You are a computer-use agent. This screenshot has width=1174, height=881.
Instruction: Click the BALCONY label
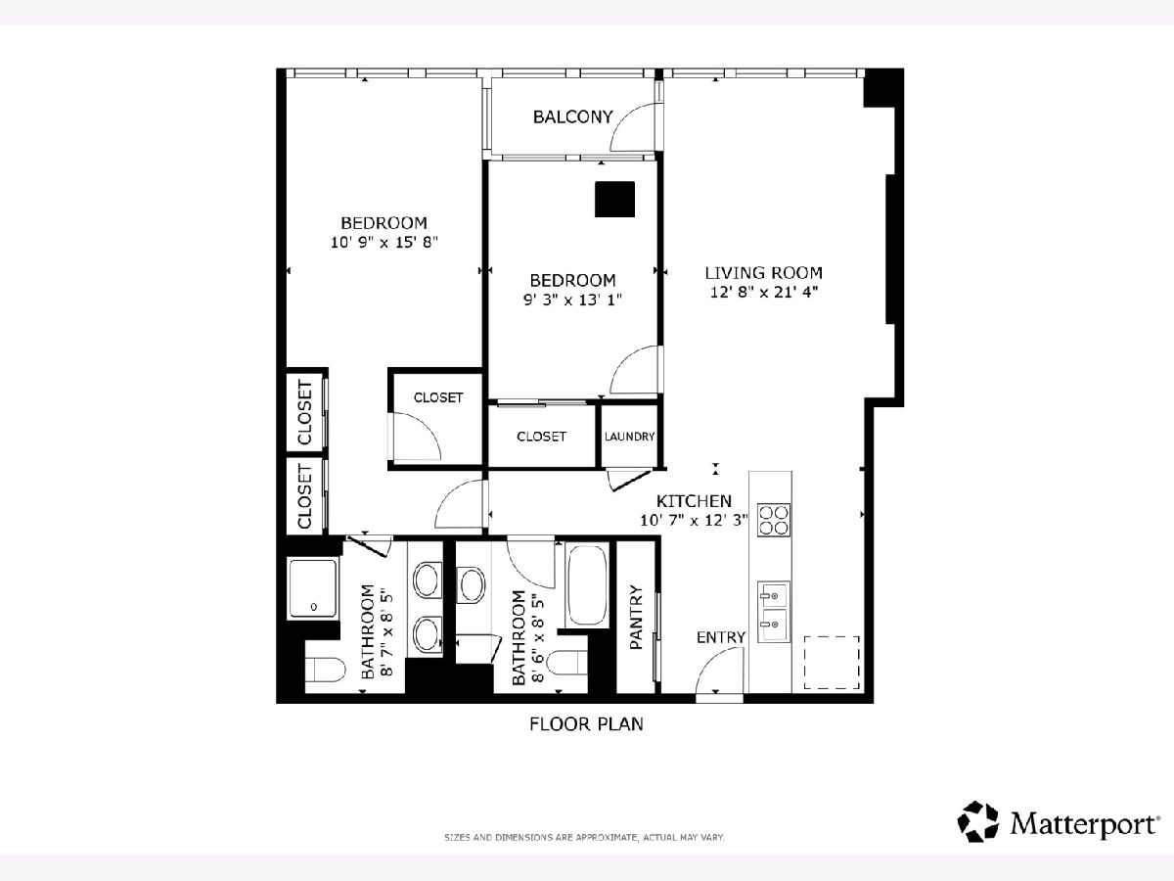click(572, 116)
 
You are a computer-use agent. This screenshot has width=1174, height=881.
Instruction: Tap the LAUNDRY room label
click(629, 437)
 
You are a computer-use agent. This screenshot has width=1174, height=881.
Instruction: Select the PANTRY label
click(636, 618)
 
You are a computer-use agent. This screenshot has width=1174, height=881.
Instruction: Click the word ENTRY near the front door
click(720, 637)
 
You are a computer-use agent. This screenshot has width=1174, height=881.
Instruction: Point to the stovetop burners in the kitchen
click(774, 520)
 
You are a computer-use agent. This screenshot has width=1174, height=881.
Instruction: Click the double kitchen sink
click(774, 612)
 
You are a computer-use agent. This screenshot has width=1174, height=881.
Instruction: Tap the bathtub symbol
click(587, 584)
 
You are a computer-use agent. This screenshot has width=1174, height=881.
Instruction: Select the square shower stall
click(313, 588)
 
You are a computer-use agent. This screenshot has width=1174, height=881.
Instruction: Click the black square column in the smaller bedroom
click(614, 199)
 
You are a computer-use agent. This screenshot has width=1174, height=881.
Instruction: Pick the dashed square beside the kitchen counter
click(832, 663)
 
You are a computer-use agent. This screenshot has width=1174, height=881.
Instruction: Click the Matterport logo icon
click(977, 821)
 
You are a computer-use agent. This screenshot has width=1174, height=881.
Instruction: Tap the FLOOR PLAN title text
click(586, 723)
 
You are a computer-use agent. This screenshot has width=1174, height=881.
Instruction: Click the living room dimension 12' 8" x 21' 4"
click(764, 292)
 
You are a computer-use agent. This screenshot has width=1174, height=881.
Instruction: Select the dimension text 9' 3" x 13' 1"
click(572, 300)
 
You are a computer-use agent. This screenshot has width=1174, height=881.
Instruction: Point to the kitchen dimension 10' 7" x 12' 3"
click(694, 520)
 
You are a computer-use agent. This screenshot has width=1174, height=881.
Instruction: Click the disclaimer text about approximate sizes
click(584, 837)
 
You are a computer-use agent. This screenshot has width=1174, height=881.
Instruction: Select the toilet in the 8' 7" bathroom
click(325, 670)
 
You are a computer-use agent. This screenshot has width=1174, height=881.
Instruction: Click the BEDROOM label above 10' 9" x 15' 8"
click(384, 222)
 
